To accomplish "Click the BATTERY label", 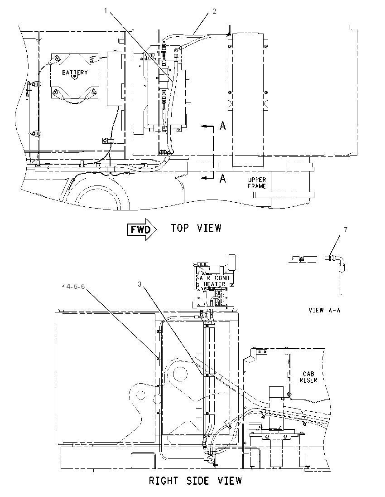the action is point(75,72).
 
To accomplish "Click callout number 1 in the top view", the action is point(106,11).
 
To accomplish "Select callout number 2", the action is point(214,11).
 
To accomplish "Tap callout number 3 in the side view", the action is point(140,284).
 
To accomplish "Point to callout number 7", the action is point(346,229).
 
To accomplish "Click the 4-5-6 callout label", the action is point(75,287).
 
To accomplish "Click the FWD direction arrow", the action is point(142,229).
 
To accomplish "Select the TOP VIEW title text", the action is point(196,228).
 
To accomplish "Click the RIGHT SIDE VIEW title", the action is point(195,481).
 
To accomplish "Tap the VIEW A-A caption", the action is point(324,310).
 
